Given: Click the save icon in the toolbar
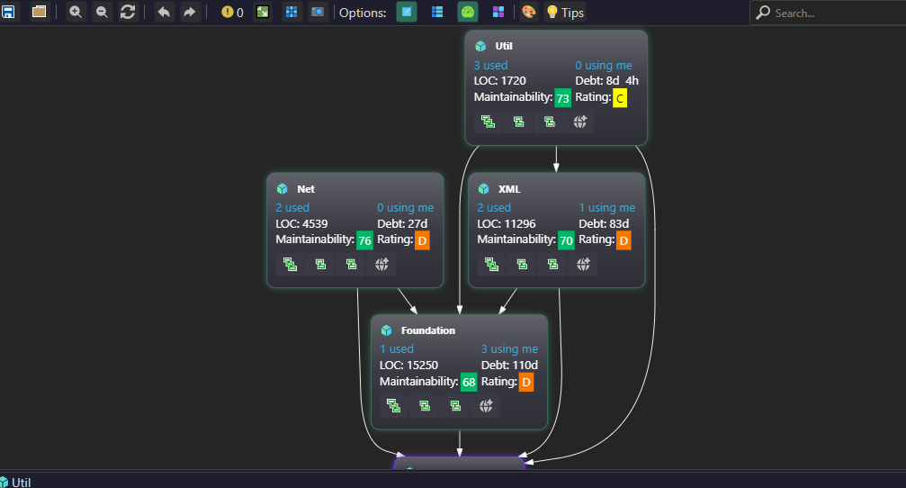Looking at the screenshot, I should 8,13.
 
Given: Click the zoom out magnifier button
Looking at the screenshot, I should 102,13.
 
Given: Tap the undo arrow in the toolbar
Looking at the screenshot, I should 164,13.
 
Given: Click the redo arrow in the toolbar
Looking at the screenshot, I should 189,13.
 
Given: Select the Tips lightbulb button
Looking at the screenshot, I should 566,13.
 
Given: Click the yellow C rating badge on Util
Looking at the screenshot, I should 619,98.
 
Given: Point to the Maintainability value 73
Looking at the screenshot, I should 562,98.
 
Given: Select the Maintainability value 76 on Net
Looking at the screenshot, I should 364,240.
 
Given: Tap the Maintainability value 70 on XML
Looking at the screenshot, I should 566,240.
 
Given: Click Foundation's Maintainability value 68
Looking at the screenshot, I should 469,383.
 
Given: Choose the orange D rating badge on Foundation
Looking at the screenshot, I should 526,383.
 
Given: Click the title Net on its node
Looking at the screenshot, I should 306,189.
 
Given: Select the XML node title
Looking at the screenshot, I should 509,189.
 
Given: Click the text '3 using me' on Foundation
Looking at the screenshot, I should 509,349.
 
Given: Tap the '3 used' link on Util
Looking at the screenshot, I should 490,65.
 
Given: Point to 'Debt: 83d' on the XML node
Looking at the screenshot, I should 604,223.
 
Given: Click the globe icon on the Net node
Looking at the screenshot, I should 381,264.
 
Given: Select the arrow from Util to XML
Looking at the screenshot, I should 556,158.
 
